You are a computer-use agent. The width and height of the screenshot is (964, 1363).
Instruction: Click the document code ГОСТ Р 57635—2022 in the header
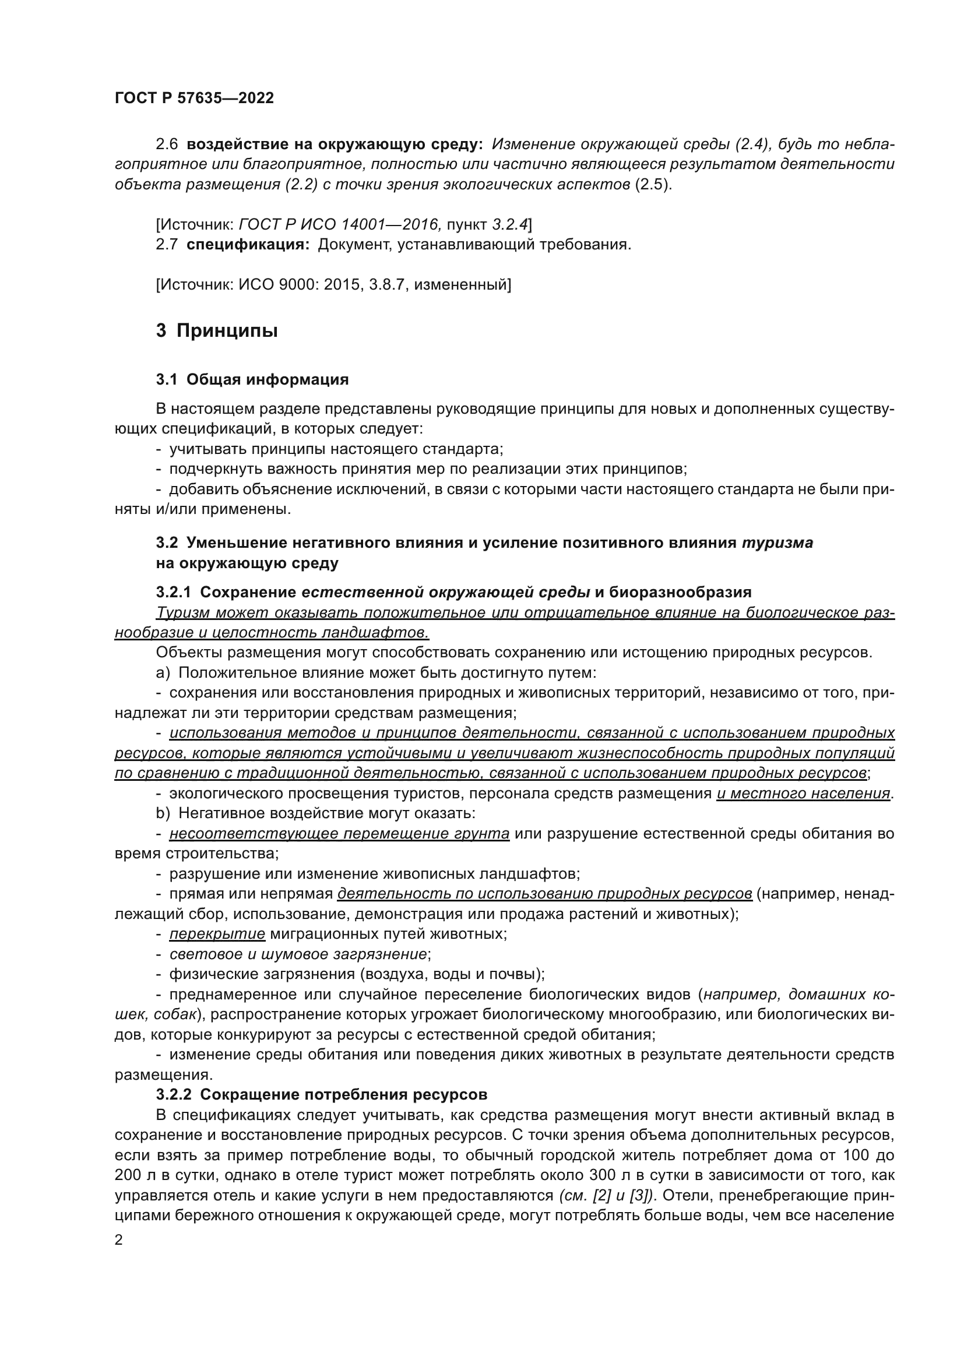pos(194,98)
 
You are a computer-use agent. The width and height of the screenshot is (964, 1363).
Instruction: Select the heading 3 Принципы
pos(217,330)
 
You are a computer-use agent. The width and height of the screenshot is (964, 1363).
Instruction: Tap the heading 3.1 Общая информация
pos(252,380)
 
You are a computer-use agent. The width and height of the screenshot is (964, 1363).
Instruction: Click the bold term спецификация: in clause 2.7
pos(248,245)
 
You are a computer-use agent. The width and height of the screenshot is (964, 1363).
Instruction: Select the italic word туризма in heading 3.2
pos(777,543)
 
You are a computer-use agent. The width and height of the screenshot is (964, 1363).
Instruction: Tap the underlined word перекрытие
pos(217,934)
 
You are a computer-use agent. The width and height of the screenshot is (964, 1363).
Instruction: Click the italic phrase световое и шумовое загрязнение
pos(298,954)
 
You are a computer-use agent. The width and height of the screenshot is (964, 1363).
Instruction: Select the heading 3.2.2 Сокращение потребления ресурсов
pos(321,1095)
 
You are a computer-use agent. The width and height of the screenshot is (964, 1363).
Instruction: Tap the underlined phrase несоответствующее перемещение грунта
pos(339,833)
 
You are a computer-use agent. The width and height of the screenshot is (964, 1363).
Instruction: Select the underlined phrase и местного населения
pos(803,794)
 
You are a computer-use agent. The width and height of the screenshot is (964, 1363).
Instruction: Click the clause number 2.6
pos(167,145)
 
